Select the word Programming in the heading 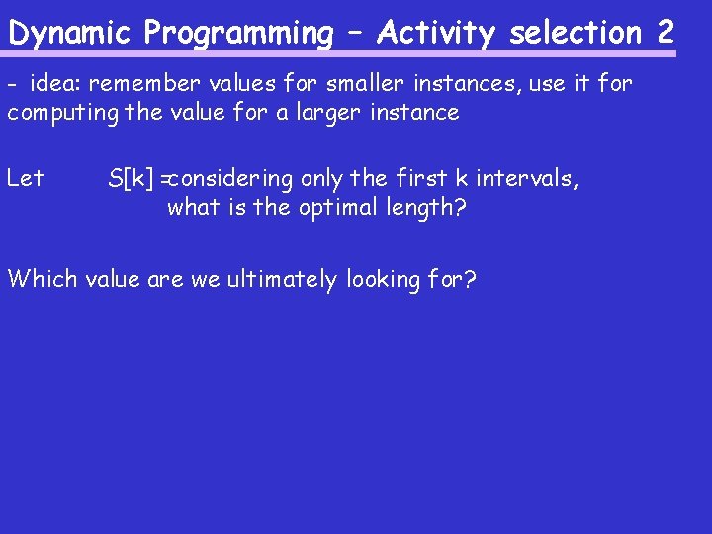click(x=238, y=33)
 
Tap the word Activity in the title click(x=434, y=33)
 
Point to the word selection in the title click(x=576, y=33)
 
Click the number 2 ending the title click(x=665, y=33)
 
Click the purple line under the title click(x=341, y=54)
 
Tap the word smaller click(x=328, y=84)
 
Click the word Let click(x=26, y=179)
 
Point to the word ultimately click(x=282, y=279)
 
